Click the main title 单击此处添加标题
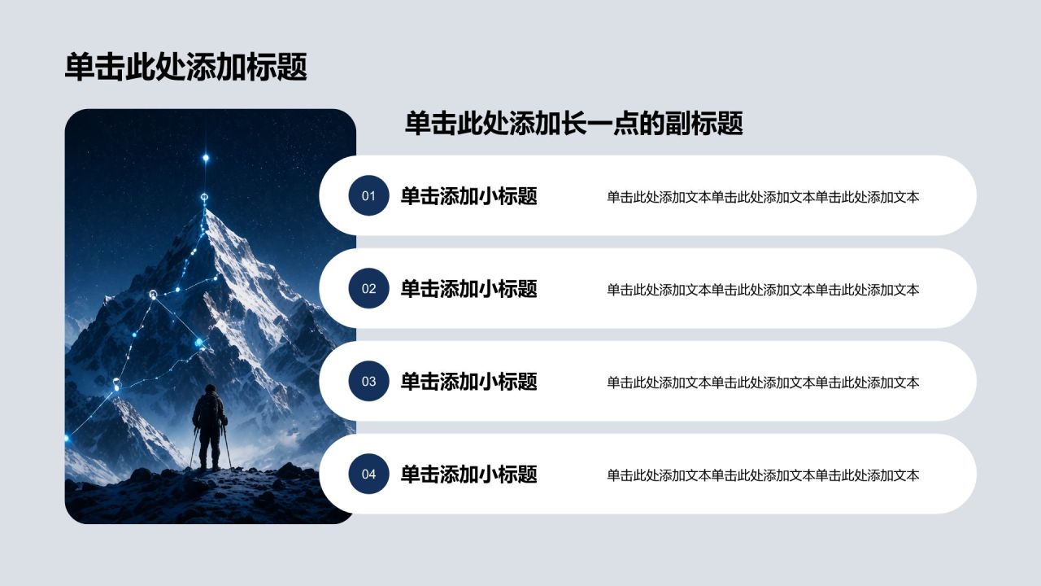[x=186, y=67]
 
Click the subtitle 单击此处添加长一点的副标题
[x=573, y=123]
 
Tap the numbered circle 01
[x=368, y=195]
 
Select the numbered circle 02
[x=368, y=288]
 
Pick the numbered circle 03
[x=368, y=382]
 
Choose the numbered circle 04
[x=368, y=474]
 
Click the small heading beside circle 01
[x=469, y=196]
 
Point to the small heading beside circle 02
[x=469, y=289]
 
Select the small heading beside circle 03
[x=469, y=382]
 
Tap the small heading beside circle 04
[x=469, y=474]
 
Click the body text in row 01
[x=763, y=197]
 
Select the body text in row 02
[x=763, y=290]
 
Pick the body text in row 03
[x=763, y=383]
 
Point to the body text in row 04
[x=763, y=475]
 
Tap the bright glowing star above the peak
[x=206, y=158]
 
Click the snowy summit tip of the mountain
[x=206, y=211]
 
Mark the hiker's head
[x=211, y=389]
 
